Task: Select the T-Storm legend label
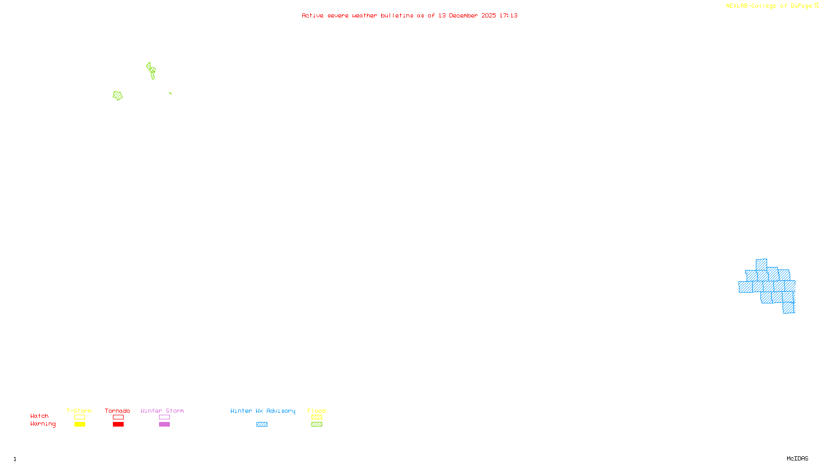[x=79, y=411]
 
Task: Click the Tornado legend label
[x=118, y=411]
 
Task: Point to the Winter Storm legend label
[x=162, y=411]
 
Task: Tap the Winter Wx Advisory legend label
[x=263, y=411]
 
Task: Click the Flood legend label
[x=317, y=411]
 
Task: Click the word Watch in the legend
[x=40, y=416]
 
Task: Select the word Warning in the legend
[x=43, y=424]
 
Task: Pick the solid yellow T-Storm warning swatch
[x=80, y=425]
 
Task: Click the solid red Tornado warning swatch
[x=118, y=425]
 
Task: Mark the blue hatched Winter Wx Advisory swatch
[x=262, y=425]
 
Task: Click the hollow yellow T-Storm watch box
[x=80, y=417]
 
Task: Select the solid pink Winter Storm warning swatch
[x=164, y=425]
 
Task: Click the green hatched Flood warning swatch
[x=317, y=425]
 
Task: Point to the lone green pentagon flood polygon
[x=118, y=95]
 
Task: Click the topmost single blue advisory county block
[x=761, y=264]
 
